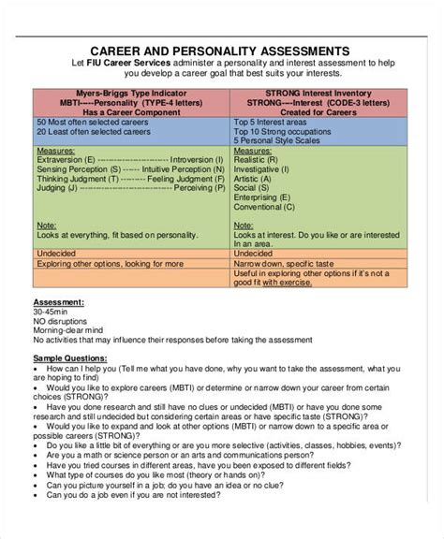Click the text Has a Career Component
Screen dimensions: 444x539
[131, 111]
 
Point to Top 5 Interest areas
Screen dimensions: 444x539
[272, 123]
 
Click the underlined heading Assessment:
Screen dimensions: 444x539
[59, 302]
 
